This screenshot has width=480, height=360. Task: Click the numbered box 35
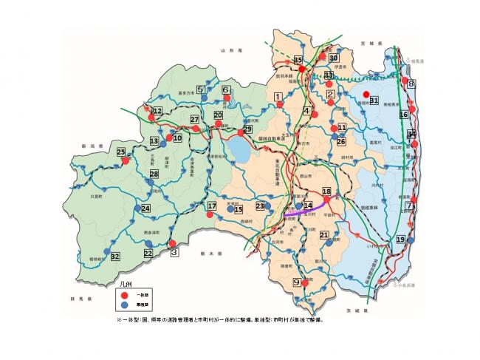click(298, 60)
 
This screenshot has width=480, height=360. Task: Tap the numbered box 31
click(374, 101)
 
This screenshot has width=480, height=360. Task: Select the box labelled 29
click(247, 129)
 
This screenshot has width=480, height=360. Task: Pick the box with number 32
click(115, 256)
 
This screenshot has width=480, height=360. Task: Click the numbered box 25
click(121, 152)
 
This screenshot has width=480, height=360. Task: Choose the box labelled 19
click(401, 240)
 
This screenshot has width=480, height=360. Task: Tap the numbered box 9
click(297, 282)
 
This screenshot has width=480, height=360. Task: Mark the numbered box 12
click(157, 111)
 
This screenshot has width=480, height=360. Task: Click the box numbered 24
click(145, 209)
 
